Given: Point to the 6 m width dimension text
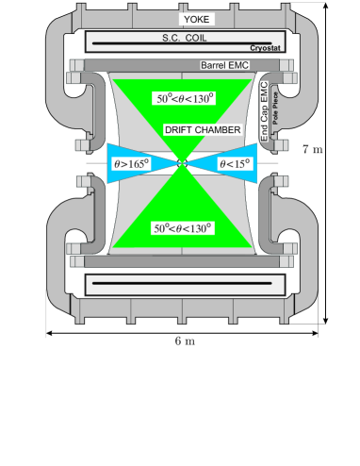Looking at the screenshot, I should click(x=185, y=341).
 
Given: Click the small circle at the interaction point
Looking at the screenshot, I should click(x=182, y=164).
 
